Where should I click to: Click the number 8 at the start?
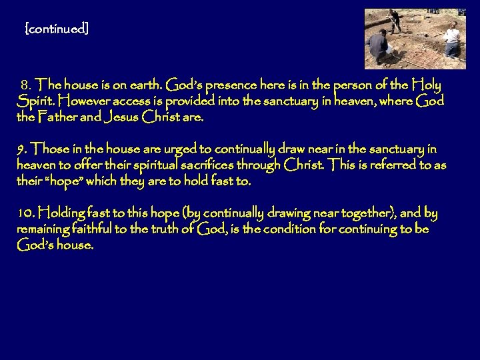26,86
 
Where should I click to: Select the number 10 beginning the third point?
25,213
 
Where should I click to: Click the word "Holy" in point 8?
426,85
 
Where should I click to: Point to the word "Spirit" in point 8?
35,102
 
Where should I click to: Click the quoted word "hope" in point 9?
59,181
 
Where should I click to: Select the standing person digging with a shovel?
393,20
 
